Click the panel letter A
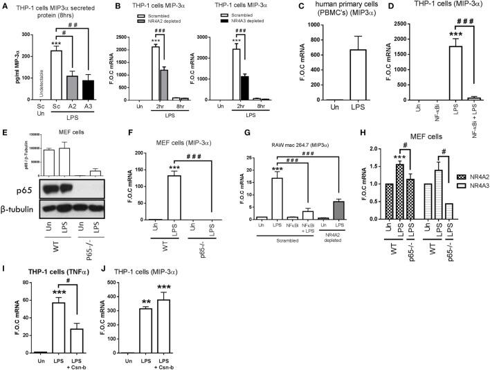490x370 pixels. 6,7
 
